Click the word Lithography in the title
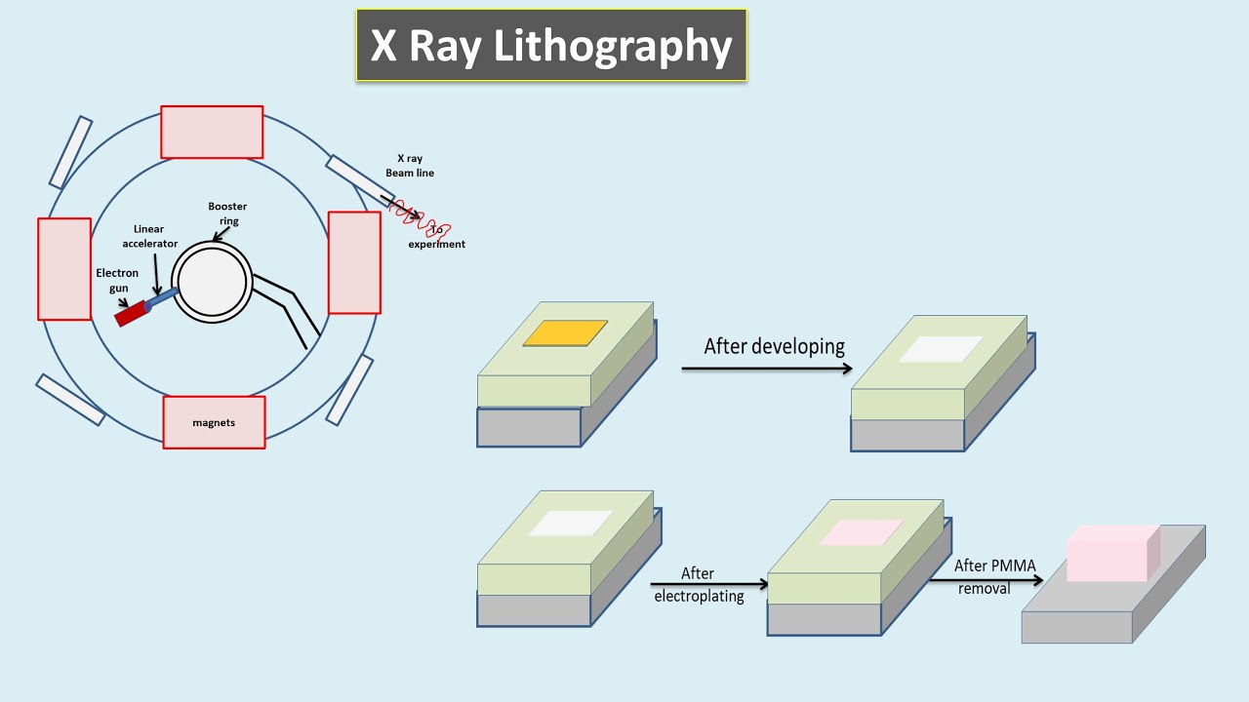(613, 46)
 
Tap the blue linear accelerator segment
(164, 297)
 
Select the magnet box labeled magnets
(214, 422)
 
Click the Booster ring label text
(227, 214)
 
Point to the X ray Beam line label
(410, 165)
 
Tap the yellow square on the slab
(566, 333)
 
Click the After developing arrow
(766, 369)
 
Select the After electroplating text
(699, 585)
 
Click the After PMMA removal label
(994, 576)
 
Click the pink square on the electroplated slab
(862, 531)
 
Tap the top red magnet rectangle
(212, 133)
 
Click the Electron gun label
(117, 281)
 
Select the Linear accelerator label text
(156, 236)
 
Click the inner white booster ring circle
(213, 282)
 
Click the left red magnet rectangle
(64, 268)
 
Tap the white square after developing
(941, 349)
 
